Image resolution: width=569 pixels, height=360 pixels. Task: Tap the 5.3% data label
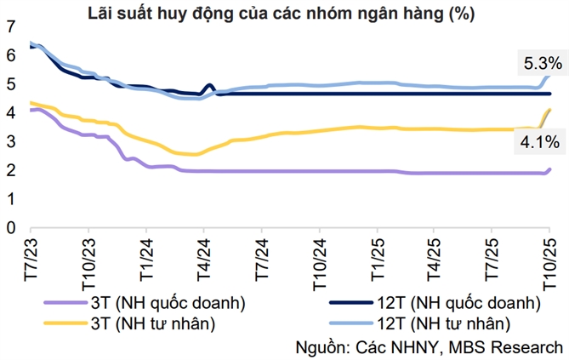click(x=540, y=62)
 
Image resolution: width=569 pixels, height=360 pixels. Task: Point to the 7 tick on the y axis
click(x=10, y=26)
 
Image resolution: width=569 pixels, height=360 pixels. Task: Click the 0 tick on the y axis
click(x=10, y=228)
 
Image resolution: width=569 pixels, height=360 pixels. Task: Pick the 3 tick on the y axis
click(x=10, y=142)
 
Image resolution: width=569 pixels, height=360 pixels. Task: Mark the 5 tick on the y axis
click(x=10, y=84)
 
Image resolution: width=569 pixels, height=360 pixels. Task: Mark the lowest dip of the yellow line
click(x=195, y=154)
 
